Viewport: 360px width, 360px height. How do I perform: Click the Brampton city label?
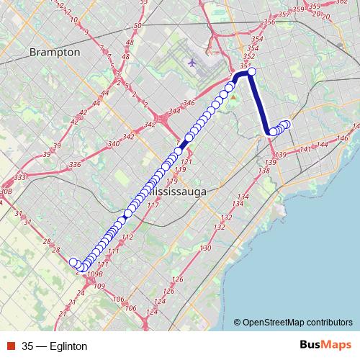54,53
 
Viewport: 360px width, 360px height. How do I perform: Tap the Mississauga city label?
175,193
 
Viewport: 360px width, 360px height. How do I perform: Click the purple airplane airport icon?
191,62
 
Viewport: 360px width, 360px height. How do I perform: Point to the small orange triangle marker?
233,96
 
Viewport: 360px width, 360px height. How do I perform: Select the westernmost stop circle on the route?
73,262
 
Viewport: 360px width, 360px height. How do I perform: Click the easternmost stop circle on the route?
286,125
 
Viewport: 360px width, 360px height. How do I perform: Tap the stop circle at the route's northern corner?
251,71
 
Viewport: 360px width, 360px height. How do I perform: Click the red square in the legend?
10,346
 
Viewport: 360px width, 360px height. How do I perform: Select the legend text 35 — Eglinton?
55,346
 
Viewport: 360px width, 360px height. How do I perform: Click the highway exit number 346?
189,104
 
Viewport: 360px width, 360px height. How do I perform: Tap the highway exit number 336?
75,165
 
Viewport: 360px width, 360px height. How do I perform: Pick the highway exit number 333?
20,177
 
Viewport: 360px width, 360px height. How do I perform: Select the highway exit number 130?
205,248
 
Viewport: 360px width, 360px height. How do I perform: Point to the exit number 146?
343,138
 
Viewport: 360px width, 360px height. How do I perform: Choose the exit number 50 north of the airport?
137,26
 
